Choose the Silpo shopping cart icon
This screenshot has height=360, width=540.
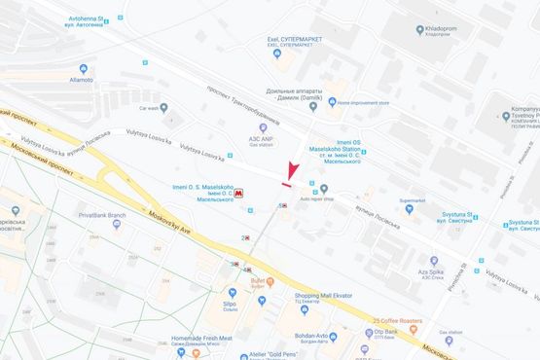tap(233, 292)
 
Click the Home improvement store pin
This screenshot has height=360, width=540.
tap(331, 102)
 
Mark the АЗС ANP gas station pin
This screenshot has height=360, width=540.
tap(262, 127)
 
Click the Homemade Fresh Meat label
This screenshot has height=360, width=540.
tap(201, 339)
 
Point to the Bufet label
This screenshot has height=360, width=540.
tap(258, 282)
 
